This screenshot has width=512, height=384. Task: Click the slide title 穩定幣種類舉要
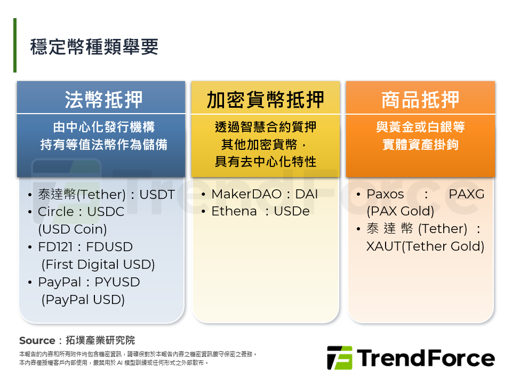(x=94, y=47)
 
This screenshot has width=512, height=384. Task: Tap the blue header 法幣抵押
(x=103, y=100)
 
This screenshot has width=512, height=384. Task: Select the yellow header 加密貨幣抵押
(x=266, y=100)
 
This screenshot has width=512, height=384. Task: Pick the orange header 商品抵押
(x=420, y=100)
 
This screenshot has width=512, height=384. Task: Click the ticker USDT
(x=157, y=195)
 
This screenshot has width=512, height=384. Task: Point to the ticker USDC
(x=106, y=212)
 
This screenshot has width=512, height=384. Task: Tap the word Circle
(x=56, y=212)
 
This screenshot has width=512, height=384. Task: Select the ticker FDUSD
(x=109, y=247)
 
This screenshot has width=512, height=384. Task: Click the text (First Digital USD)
(x=98, y=265)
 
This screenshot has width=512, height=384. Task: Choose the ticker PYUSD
(x=117, y=282)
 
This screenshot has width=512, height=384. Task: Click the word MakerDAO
(x=246, y=194)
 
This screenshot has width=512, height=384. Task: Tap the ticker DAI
(x=307, y=194)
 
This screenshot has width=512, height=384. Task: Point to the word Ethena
(x=234, y=212)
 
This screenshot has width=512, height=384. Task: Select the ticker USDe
(x=292, y=212)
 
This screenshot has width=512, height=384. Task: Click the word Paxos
(x=385, y=194)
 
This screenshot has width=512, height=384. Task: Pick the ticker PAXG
(x=467, y=194)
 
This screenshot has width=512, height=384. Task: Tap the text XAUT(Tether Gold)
(x=425, y=246)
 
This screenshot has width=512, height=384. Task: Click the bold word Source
(x=37, y=341)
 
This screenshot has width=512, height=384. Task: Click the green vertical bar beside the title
(x=15, y=45)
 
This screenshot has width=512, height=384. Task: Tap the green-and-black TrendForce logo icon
(x=340, y=358)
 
